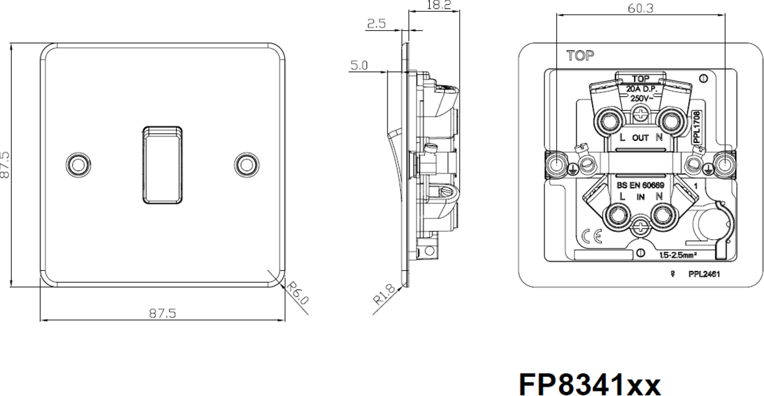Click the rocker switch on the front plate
click(x=162, y=165)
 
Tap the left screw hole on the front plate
click(x=78, y=165)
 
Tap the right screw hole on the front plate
click(x=247, y=165)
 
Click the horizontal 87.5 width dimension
click(x=162, y=313)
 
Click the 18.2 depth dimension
click(x=438, y=5)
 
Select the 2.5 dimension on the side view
click(x=376, y=23)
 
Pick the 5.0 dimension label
click(x=359, y=65)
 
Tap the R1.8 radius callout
click(x=384, y=294)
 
